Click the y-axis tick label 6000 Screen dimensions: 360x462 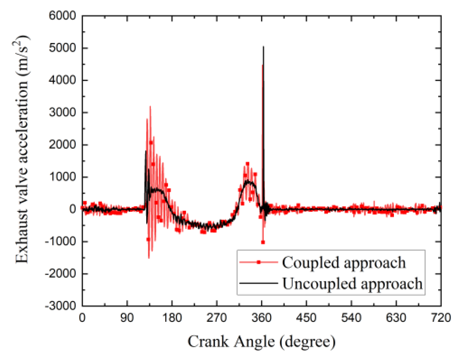63,16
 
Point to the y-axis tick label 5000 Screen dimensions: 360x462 63,48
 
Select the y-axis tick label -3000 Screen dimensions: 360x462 60,306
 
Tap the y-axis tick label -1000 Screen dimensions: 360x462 60,241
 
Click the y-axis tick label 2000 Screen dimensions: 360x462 63,145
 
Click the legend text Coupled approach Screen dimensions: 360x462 343,263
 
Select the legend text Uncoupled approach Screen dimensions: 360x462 352,283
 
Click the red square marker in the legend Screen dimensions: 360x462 258,262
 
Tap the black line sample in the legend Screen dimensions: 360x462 258,283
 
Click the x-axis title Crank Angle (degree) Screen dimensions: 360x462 261,342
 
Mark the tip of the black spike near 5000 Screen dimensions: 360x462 263,47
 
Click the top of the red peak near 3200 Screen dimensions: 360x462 150,106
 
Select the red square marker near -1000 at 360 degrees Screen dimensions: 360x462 263,242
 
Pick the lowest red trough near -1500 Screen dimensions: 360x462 149,258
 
